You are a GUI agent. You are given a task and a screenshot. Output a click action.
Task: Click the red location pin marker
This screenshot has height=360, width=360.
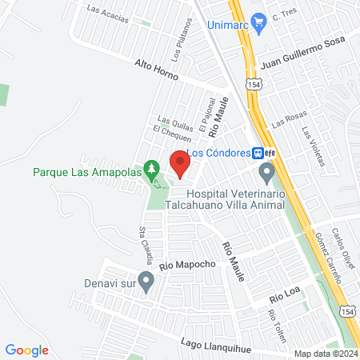coord(180,164)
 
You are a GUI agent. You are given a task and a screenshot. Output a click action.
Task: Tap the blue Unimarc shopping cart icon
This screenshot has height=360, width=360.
coord(258,22)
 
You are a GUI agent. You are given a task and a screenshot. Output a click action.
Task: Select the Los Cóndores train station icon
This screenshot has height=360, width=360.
coord(259,153)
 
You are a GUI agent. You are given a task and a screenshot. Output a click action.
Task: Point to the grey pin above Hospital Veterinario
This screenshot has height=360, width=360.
coord(266,172)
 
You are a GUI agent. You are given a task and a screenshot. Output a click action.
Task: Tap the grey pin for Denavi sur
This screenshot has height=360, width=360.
coord(145,281)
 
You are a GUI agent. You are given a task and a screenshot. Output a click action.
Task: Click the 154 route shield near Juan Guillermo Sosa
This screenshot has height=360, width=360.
coord(253,84)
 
